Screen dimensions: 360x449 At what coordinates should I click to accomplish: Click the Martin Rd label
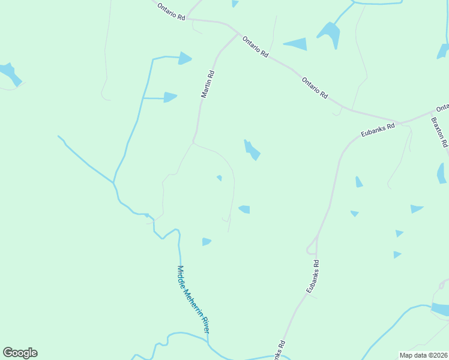207,84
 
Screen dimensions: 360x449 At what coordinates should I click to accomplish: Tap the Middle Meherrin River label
193,300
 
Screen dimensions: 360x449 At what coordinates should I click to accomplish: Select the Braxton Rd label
439,131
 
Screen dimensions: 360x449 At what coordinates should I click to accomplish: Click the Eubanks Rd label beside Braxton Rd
378,130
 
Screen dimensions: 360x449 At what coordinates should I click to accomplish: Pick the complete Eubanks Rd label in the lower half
312,276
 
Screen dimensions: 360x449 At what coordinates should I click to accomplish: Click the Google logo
20,353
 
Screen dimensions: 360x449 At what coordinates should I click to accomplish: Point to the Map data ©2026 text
423,355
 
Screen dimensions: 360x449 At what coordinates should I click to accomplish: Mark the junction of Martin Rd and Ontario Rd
237,34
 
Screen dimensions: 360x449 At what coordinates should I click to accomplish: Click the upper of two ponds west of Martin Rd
184,58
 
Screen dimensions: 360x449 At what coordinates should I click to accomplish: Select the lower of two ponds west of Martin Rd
170,97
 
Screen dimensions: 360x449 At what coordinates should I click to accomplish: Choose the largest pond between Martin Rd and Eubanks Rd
252,149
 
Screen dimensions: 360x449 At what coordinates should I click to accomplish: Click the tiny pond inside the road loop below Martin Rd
220,178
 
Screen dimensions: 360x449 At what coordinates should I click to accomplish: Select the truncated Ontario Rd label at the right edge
442,108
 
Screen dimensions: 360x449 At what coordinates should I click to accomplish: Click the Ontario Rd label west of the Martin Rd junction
171,12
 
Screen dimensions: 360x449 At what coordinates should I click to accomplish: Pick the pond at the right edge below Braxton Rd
442,173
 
